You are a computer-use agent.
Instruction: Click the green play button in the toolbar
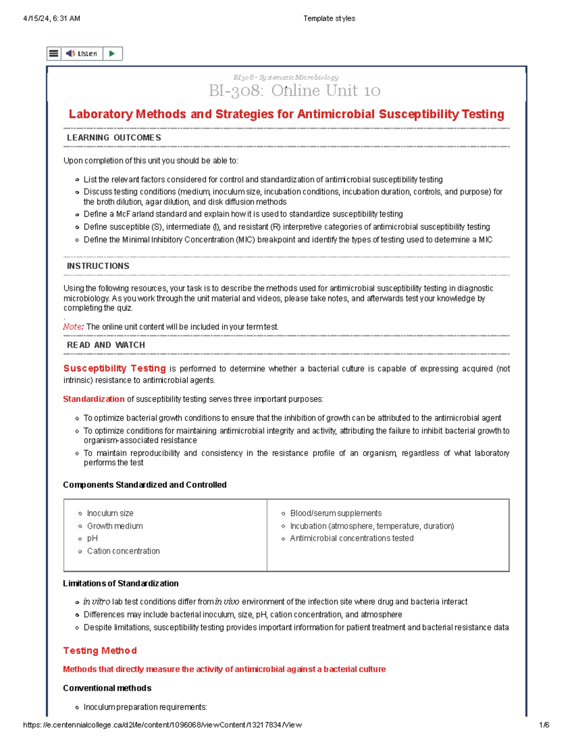point(112,54)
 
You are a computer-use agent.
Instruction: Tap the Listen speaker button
point(82,54)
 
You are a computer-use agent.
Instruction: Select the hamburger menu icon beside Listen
point(54,54)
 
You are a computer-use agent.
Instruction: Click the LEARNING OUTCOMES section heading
point(114,138)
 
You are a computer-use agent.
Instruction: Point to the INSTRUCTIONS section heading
point(98,266)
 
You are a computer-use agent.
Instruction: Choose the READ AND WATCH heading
point(106,345)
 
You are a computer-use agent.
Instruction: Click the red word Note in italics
point(73,327)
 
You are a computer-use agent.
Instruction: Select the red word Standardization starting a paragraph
point(94,399)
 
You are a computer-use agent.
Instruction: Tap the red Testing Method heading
point(100,651)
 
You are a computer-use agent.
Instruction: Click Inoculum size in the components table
point(110,513)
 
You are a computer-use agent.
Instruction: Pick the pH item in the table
point(92,538)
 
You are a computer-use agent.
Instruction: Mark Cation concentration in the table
point(123,551)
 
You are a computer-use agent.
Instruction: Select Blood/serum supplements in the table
point(336,513)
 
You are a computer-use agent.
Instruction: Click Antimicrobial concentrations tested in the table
point(352,538)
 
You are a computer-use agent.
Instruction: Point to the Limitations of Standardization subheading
point(121,583)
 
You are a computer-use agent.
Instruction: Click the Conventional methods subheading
point(107,688)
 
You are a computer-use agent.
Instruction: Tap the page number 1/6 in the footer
point(544,725)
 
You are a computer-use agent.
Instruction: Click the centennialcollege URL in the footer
point(162,725)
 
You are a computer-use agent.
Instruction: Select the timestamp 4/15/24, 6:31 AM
point(52,19)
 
